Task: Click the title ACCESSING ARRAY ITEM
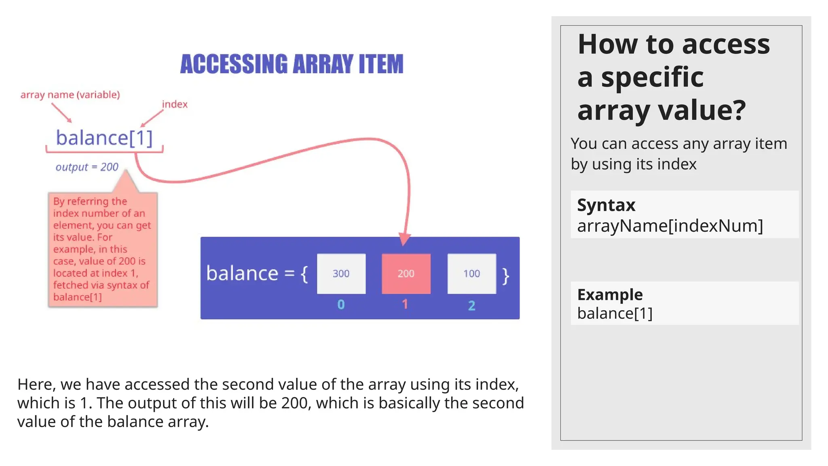pos(291,64)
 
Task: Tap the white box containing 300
pos(341,273)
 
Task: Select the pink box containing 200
pos(406,273)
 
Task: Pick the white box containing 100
pos(471,273)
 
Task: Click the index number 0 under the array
pos(341,304)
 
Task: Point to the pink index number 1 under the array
pos(405,304)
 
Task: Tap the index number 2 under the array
pos(471,305)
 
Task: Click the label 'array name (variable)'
pos(70,95)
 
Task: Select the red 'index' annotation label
pos(175,104)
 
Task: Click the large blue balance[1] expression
pos(104,138)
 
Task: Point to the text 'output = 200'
pos(87,167)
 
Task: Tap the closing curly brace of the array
pos(505,276)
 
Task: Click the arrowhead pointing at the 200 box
pos(404,239)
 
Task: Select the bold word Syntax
pos(606,205)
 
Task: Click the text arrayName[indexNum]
pos(670,226)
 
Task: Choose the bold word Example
pos(610,294)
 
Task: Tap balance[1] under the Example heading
pos(615,313)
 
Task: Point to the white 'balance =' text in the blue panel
pos(250,273)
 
